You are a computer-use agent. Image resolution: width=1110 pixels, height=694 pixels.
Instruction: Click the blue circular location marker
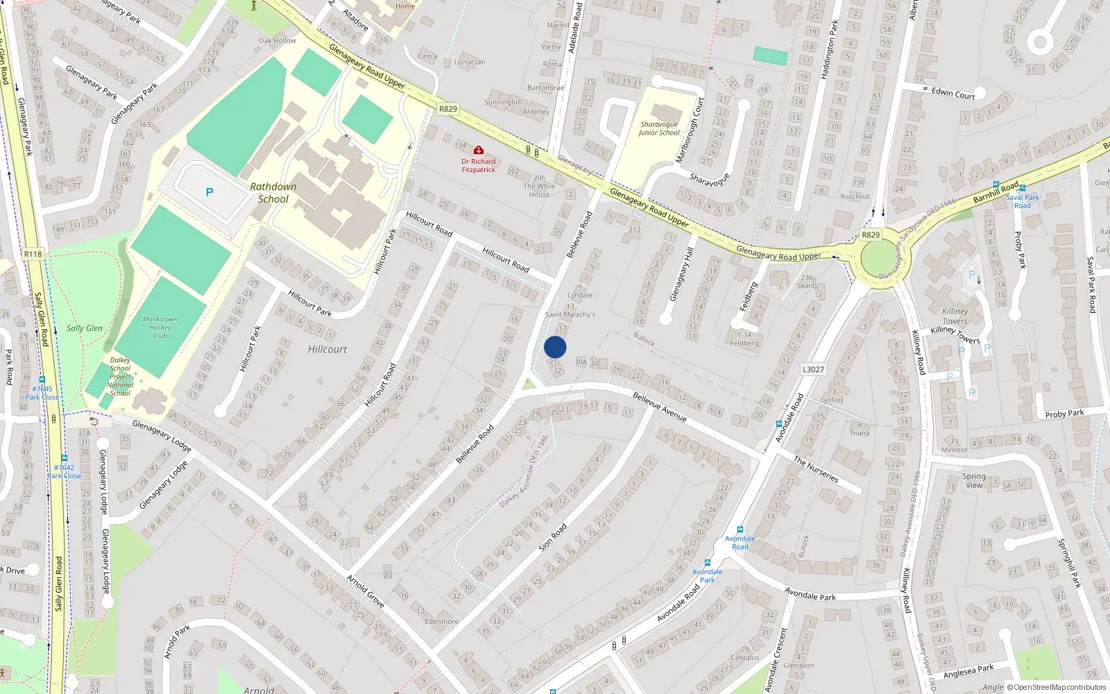[555, 347]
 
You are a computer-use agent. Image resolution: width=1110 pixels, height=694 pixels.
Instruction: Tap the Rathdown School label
[273, 193]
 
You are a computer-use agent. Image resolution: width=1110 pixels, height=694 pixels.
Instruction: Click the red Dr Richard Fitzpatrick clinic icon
[478, 150]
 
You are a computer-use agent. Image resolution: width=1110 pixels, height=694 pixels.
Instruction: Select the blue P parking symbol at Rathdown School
[210, 192]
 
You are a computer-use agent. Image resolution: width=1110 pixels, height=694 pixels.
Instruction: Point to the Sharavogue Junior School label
[658, 128]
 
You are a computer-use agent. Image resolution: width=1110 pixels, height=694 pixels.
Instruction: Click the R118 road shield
[33, 254]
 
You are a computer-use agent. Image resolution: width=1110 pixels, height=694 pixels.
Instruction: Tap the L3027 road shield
[813, 369]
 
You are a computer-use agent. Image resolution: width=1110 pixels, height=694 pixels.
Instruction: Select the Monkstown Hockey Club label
[160, 327]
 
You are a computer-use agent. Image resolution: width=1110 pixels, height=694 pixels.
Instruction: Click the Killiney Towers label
[955, 316]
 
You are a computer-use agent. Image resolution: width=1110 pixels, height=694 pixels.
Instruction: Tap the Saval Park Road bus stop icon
[1023, 188]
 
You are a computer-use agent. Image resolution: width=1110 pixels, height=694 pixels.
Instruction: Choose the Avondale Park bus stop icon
[708, 563]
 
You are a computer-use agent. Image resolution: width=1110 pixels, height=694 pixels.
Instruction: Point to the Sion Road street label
[553, 537]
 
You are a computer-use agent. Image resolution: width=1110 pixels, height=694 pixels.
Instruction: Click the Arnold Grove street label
[366, 591]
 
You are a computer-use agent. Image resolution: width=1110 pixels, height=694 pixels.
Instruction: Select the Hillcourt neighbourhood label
[327, 349]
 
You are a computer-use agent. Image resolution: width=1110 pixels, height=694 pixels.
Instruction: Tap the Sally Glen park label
[84, 328]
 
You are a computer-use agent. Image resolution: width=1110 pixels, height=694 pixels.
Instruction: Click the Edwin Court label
[953, 93]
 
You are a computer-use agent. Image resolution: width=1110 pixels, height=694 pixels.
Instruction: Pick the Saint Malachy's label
[570, 314]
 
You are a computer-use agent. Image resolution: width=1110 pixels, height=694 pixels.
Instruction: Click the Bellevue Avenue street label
[660, 407]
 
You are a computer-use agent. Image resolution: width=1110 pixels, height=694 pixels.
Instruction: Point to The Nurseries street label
[816, 470]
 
